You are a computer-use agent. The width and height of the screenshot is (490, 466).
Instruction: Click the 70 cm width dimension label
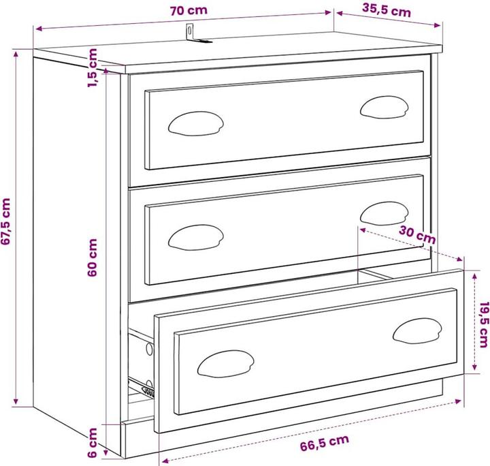click(189, 10)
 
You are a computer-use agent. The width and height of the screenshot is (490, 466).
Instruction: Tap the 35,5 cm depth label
click(387, 10)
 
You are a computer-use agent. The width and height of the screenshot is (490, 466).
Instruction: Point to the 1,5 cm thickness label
click(94, 67)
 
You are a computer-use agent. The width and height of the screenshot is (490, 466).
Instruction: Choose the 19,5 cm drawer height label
click(483, 324)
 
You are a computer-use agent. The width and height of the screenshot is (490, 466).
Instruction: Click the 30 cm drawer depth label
click(416, 235)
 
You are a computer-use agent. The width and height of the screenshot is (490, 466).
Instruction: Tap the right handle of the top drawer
click(383, 106)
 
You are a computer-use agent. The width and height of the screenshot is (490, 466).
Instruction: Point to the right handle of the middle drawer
click(383, 213)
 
